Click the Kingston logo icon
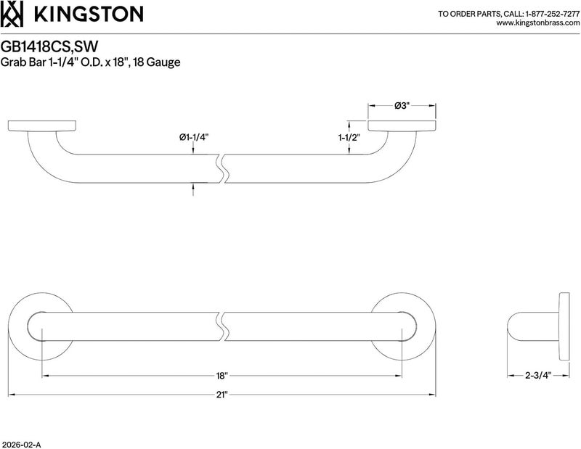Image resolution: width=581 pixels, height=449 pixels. click(12, 14)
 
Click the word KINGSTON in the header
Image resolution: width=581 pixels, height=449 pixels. click(89, 14)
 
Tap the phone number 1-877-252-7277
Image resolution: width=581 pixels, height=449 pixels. click(552, 14)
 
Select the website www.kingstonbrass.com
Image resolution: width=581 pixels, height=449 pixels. click(537, 23)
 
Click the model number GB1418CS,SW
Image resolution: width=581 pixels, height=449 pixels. click(49, 46)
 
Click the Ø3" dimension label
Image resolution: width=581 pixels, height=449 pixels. click(402, 106)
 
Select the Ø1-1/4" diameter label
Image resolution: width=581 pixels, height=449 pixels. click(194, 137)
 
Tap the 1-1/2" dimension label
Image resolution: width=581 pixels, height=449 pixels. click(349, 138)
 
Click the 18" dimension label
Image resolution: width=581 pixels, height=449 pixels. click(222, 376)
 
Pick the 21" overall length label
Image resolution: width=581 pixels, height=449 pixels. click(222, 395)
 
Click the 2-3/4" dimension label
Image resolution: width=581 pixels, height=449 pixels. click(538, 375)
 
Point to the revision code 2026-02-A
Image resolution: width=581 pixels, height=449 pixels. click(21, 445)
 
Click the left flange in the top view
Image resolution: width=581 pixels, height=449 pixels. click(42, 125)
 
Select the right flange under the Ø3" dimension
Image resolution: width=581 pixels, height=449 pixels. click(402, 125)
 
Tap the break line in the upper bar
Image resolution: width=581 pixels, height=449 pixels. click(222, 168)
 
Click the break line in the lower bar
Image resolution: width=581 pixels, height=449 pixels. click(222, 326)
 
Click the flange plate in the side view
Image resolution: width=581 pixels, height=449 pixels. click(564, 326)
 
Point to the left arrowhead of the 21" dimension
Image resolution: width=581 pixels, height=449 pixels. click(11, 395)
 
